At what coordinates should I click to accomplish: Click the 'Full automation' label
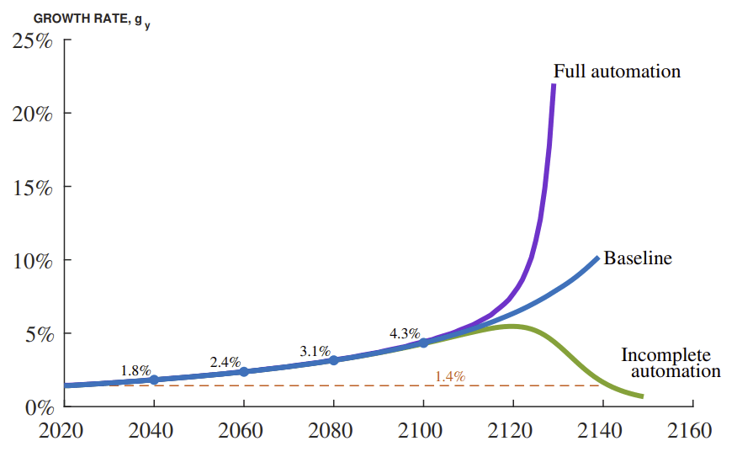click(x=617, y=72)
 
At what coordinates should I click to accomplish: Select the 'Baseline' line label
click(x=638, y=258)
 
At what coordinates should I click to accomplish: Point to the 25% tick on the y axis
click(x=33, y=40)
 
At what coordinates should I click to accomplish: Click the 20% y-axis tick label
click(x=33, y=114)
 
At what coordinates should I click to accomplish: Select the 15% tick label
click(x=33, y=187)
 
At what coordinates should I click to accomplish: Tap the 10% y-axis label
click(x=33, y=260)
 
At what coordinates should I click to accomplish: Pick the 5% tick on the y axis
click(x=38, y=333)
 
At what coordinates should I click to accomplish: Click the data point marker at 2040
click(x=154, y=380)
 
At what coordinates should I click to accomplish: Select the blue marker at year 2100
click(x=423, y=343)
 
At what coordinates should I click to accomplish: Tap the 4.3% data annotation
click(x=404, y=333)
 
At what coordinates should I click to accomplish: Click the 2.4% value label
click(x=225, y=362)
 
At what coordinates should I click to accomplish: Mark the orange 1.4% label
click(x=450, y=376)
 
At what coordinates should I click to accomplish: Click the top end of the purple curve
click(x=553, y=86)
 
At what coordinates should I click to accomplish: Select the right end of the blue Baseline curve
click(x=596, y=258)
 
